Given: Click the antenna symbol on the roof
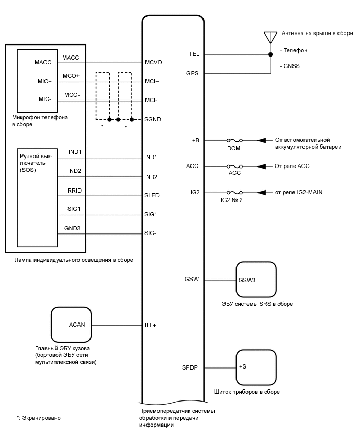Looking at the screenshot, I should point(271,38).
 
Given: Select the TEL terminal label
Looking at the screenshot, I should point(194,54).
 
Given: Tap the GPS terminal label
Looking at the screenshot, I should point(193,73).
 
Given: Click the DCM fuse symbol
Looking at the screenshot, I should point(233,141).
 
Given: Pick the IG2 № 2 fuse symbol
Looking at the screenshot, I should point(233,193).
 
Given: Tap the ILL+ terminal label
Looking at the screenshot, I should point(151,325).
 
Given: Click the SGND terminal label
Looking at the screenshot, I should point(153,119).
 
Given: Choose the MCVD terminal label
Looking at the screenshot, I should point(153,62).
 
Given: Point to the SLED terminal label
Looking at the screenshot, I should point(152,195).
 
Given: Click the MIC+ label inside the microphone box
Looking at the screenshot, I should point(44,82).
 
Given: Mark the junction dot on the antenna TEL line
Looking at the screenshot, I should point(271,54).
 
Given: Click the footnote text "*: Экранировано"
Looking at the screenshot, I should point(39,418).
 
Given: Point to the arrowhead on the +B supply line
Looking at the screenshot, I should point(260,141).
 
